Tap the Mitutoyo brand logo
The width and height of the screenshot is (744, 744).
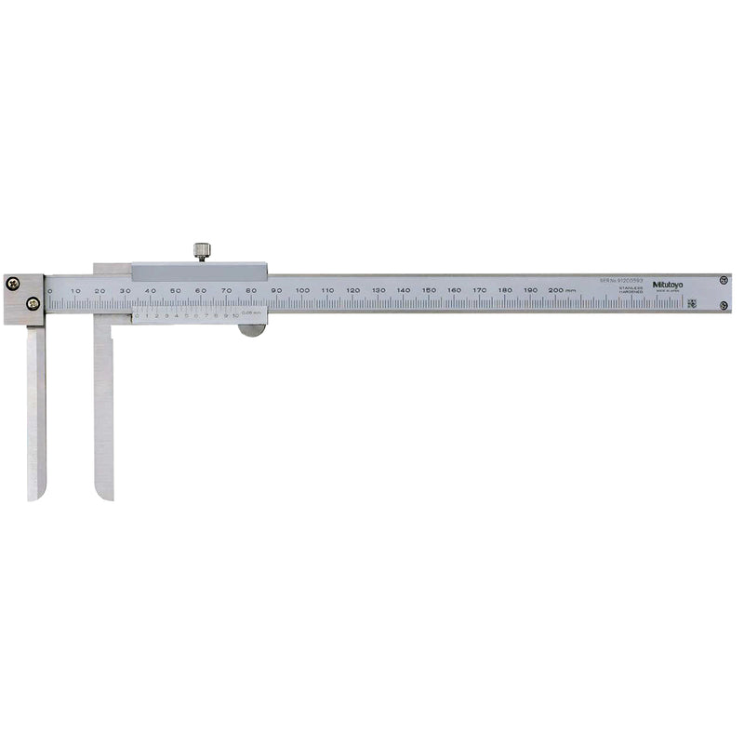point(667,284)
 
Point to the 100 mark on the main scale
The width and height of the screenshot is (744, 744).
point(302,291)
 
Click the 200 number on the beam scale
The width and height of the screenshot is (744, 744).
point(555,290)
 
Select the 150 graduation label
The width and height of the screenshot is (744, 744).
point(429,290)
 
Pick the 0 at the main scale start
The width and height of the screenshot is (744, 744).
point(50,291)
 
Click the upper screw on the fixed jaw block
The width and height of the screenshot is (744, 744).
point(12,284)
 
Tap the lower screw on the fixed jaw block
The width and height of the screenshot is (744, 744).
point(33,302)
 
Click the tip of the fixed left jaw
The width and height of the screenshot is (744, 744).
point(35,495)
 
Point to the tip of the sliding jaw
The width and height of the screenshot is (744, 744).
point(103,495)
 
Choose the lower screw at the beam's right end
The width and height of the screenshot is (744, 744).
point(723,305)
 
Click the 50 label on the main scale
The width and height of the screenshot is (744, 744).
point(176,291)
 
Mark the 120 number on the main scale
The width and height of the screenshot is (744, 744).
point(352,291)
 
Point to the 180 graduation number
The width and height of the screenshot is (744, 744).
point(504,290)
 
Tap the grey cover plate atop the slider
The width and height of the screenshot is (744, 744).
point(199,272)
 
